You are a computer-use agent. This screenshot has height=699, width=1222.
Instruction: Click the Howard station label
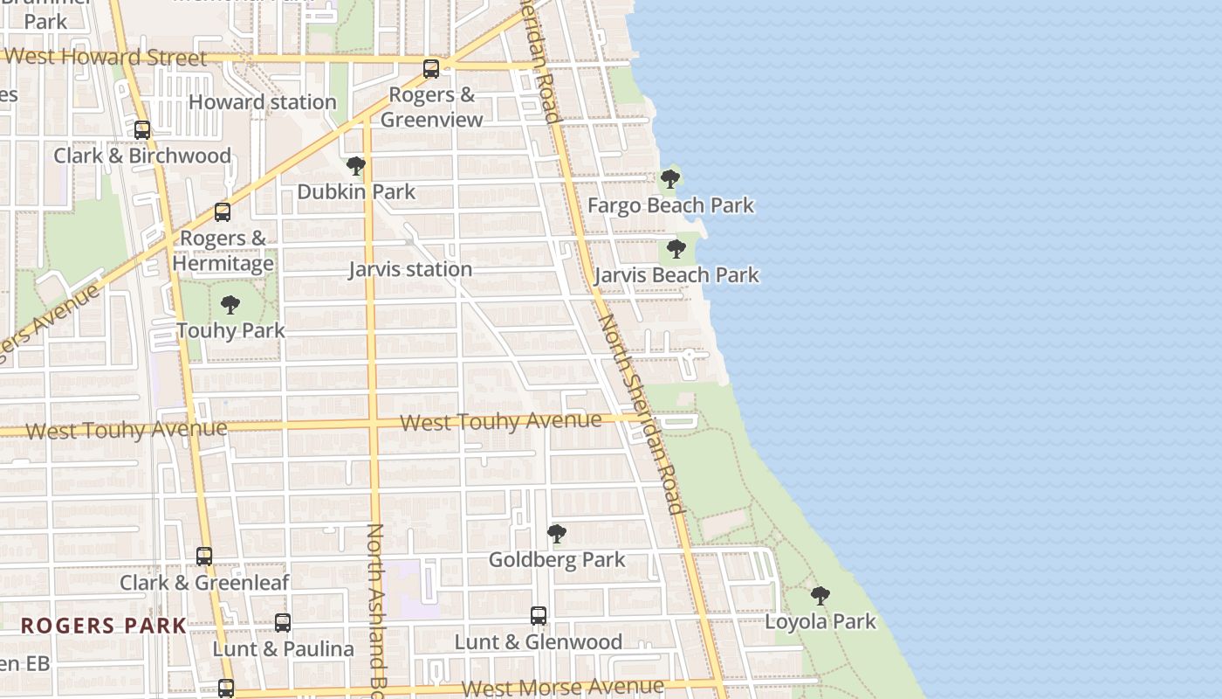(262, 102)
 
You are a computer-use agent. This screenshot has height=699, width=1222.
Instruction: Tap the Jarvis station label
(410, 269)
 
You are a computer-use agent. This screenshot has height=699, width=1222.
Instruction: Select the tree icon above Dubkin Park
(355, 166)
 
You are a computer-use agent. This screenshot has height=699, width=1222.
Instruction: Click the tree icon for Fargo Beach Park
(670, 179)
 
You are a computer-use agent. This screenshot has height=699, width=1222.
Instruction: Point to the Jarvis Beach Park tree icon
(676, 249)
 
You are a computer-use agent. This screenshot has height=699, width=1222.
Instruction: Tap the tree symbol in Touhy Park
(230, 305)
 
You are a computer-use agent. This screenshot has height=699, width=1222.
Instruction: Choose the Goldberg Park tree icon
(556, 534)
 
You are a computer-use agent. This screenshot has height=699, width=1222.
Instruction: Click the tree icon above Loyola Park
(820, 596)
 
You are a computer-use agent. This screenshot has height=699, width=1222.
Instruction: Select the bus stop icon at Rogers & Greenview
(431, 69)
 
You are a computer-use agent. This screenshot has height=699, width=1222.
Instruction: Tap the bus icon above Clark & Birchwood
(142, 130)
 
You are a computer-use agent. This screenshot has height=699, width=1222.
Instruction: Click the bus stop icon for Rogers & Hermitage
(223, 212)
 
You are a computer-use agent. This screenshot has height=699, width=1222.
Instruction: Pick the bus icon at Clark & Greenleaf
(204, 557)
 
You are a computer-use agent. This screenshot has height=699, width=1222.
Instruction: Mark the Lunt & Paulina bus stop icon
(283, 623)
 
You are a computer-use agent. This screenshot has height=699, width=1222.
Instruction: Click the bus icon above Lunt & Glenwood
(539, 616)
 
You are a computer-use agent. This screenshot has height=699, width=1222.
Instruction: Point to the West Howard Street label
(106, 58)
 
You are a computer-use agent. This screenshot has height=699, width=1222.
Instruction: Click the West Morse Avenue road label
(562, 688)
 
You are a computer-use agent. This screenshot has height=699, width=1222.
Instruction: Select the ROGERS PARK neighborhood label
(103, 626)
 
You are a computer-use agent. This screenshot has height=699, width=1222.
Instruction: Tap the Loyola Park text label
(820, 621)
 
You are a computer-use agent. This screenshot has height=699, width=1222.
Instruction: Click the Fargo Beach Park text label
(670, 205)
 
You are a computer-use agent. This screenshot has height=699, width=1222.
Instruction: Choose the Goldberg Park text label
(556, 559)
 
